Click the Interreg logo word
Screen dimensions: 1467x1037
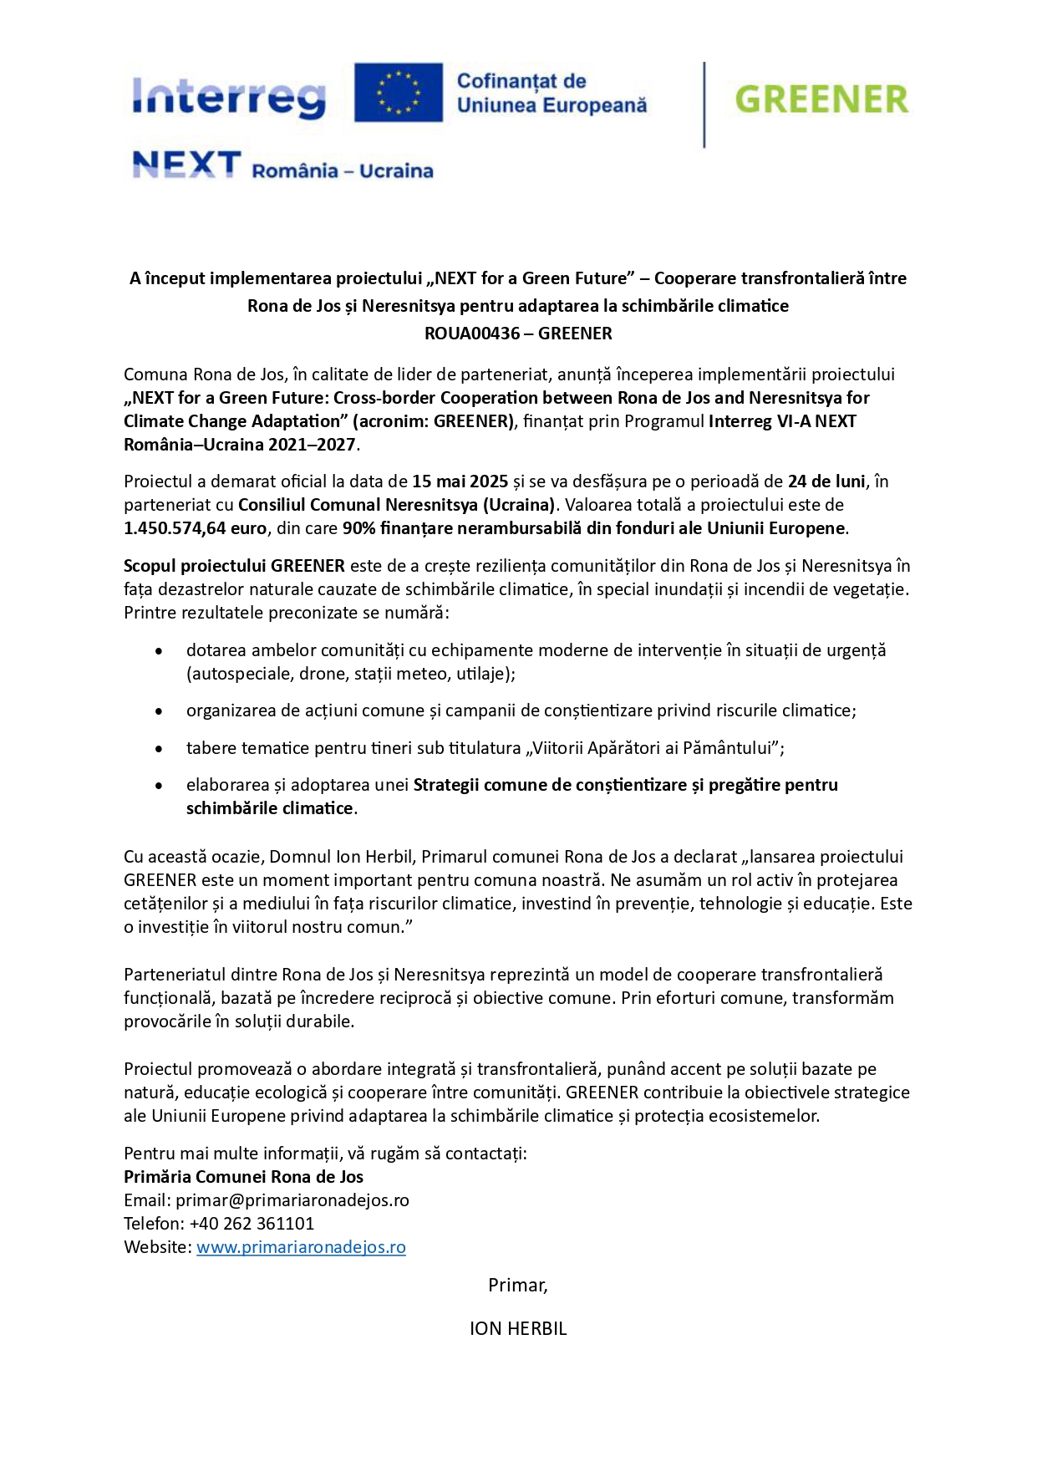click(228, 97)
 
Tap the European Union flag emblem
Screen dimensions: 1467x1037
click(399, 92)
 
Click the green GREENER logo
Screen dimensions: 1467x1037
click(821, 99)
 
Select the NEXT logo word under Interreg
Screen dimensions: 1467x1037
click(186, 165)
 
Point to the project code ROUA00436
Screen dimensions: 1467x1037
click(472, 334)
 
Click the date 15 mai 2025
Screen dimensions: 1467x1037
click(460, 481)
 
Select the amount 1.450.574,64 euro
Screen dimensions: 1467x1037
click(195, 528)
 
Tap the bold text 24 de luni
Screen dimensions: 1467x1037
click(826, 481)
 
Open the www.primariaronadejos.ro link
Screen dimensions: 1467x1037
click(301, 1247)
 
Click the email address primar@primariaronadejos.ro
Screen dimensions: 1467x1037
click(292, 1200)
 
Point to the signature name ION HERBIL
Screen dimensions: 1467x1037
click(518, 1328)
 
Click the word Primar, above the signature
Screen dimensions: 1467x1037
click(518, 1285)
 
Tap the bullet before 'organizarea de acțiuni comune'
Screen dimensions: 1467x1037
click(159, 711)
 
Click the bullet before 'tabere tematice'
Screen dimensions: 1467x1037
click(159, 748)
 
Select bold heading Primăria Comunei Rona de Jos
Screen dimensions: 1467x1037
click(243, 1177)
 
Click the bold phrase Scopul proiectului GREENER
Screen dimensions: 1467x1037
click(234, 566)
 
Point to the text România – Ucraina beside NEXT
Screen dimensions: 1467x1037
click(343, 171)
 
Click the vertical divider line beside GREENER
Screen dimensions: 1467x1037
click(704, 104)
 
